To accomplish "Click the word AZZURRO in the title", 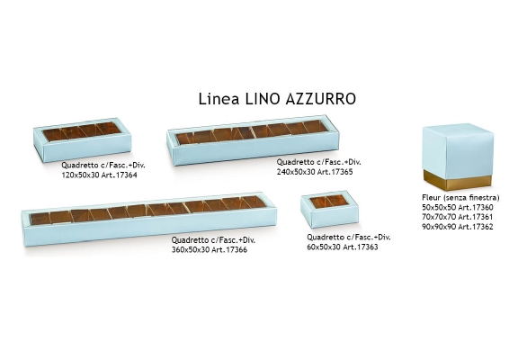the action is click(x=321, y=99).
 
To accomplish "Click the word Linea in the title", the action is click(x=219, y=99).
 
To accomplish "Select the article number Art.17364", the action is click(x=119, y=175).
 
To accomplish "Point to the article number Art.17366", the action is click(x=229, y=250).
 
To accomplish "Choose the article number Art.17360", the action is click(x=475, y=207).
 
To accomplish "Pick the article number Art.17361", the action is click(x=475, y=217).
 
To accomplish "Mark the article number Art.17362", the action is click(x=475, y=227).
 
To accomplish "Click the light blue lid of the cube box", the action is click(x=458, y=152).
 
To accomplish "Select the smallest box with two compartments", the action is click(x=329, y=209).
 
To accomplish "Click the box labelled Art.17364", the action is click(x=83, y=139).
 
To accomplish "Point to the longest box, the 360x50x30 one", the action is click(x=149, y=219).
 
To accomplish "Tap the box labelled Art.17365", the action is click(x=254, y=140).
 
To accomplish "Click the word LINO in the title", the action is click(x=263, y=99).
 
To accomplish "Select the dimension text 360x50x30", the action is click(x=191, y=250).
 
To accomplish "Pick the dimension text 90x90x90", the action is click(x=439, y=227).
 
